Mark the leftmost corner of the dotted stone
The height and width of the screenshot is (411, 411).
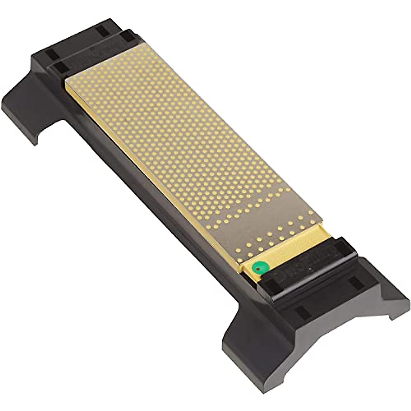pyautogui.click(x=66, y=82)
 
